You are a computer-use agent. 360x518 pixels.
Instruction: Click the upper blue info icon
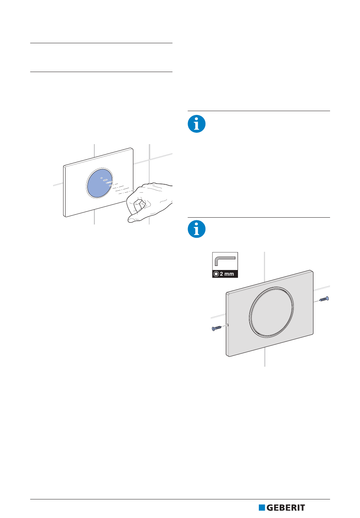(x=196, y=124)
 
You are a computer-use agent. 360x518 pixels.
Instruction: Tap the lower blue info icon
(x=196, y=229)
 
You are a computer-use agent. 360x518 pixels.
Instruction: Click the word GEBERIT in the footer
(x=286, y=508)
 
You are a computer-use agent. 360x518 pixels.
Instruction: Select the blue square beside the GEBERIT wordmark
(x=261, y=508)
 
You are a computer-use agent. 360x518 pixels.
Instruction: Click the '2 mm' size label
(x=227, y=274)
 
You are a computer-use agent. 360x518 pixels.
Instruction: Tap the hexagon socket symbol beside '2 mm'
(x=216, y=274)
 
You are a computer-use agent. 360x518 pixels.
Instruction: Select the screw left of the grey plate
(x=216, y=328)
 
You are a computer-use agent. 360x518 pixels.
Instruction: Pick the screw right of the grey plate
(x=324, y=299)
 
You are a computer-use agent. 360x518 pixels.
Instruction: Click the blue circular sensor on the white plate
(x=100, y=183)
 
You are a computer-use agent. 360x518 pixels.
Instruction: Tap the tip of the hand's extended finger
(x=129, y=220)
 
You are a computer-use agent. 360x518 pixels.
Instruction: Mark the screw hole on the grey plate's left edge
(x=228, y=325)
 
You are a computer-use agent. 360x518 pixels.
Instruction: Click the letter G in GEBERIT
(x=270, y=508)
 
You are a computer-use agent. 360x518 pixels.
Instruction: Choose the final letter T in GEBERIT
(x=302, y=508)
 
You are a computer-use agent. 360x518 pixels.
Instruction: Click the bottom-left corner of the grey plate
(x=227, y=356)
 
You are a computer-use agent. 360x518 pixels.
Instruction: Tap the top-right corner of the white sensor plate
(x=132, y=149)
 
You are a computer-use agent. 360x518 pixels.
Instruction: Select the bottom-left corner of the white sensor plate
(x=64, y=216)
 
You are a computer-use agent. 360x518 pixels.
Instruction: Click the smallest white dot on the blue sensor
(x=102, y=178)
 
